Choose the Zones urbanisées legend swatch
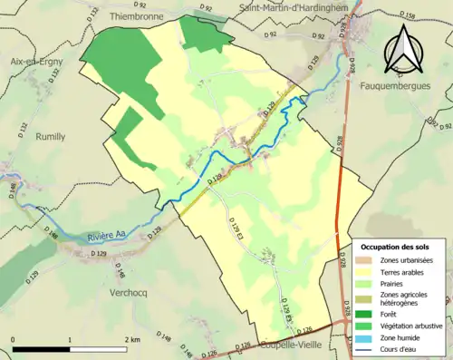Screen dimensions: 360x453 [367, 260]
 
